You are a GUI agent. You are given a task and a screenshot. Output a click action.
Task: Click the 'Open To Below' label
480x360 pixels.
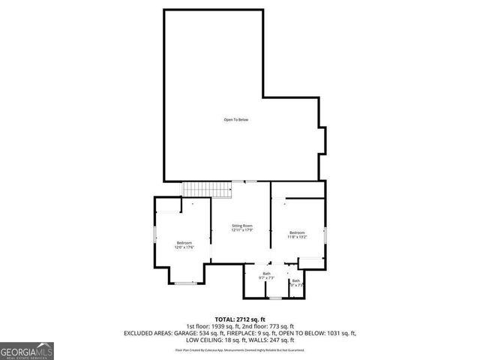tap(235, 120)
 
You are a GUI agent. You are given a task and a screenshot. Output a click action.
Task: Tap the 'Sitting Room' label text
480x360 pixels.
tap(241, 226)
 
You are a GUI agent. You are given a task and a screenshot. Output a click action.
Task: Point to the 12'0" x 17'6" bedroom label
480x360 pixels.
tap(184, 246)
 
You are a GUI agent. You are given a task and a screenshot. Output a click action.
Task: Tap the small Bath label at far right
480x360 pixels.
tap(296, 283)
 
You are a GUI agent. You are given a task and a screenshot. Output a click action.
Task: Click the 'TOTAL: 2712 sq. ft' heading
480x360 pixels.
tap(240, 319)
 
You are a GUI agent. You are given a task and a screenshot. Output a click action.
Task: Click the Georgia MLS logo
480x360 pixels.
tap(27, 350)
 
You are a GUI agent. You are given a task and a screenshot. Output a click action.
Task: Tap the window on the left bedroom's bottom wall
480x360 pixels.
tap(184, 283)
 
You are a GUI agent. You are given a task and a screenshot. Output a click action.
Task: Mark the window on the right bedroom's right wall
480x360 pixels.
tap(325, 233)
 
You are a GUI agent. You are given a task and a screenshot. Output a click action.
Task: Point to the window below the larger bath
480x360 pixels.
tap(275, 298)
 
